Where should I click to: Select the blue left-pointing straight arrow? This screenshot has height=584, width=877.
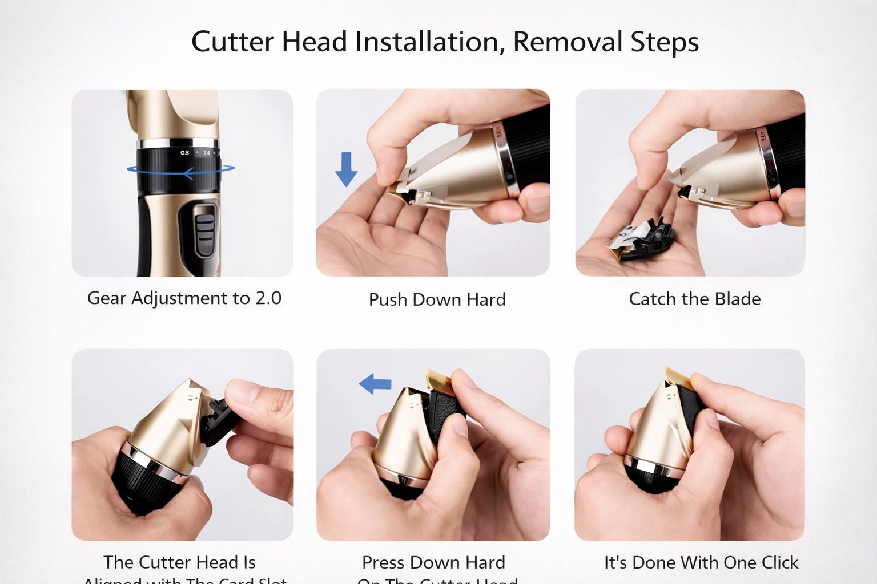375,384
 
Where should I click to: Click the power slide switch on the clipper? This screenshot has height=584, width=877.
204,231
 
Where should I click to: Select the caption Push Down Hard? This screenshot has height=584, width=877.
437,299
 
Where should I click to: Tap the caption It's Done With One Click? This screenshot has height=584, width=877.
701,562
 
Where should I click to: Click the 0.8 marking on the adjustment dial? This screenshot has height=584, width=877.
184,153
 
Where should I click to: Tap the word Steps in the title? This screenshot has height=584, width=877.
665,42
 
